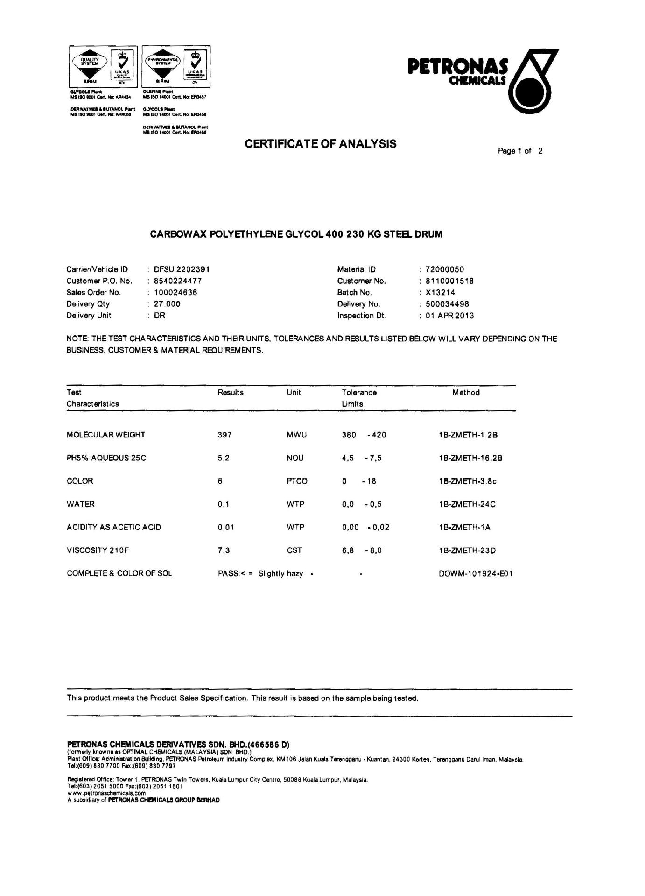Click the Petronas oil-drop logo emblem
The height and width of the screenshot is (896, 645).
click(533, 82)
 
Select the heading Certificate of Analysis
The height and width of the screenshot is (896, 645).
click(321, 144)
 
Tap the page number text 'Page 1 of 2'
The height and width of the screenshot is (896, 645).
click(520, 151)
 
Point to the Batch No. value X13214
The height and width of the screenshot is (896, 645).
click(440, 293)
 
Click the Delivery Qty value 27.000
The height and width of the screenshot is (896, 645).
click(167, 304)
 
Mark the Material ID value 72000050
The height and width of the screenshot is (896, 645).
click(445, 269)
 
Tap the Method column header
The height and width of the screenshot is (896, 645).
click(466, 393)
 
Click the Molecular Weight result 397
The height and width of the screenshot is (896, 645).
click(224, 435)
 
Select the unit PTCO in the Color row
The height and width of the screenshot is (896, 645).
click(297, 481)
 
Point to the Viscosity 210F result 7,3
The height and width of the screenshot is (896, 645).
click(224, 550)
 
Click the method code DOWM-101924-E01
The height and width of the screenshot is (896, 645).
click(476, 573)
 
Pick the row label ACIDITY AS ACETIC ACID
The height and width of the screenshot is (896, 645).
click(114, 527)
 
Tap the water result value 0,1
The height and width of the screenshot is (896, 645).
click(224, 504)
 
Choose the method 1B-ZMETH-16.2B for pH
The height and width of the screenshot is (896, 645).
click(470, 458)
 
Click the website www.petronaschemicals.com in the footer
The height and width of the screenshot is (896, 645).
click(106, 793)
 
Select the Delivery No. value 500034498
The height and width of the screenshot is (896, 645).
click(447, 304)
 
